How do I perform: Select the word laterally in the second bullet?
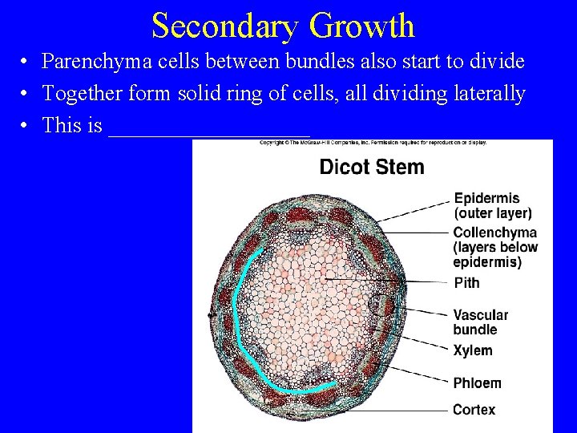pyautogui.click(x=486, y=94)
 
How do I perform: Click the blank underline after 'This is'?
pyautogui.click(x=208, y=128)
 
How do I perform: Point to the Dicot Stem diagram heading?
pyautogui.click(x=372, y=167)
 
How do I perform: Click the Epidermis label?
pyautogui.click(x=486, y=198)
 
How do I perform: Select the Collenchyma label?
pyautogui.click(x=494, y=233)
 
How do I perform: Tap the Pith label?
pyautogui.click(x=466, y=282)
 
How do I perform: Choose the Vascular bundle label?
pyautogui.click(x=480, y=322)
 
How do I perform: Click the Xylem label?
pyautogui.click(x=472, y=350)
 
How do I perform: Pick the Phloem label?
pyautogui.click(x=477, y=383)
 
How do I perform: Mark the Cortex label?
pyautogui.click(x=474, y=410)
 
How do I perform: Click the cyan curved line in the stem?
pyautogui.click(x=237, y=321)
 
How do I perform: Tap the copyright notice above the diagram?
pyautogui.click(x=372, y=143)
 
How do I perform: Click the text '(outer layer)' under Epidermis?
pyautogui.click(x=492, y=213)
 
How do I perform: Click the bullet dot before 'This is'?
pyautogui.click(x=26, y=127)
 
